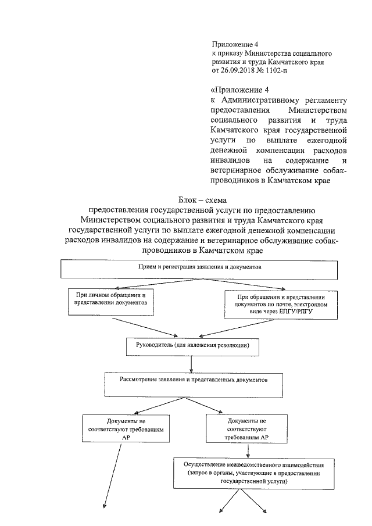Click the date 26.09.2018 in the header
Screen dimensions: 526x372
coord(238,70)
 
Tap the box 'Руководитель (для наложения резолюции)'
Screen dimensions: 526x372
coord(192,346)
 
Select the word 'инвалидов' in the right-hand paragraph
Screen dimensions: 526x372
coord(232,160)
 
